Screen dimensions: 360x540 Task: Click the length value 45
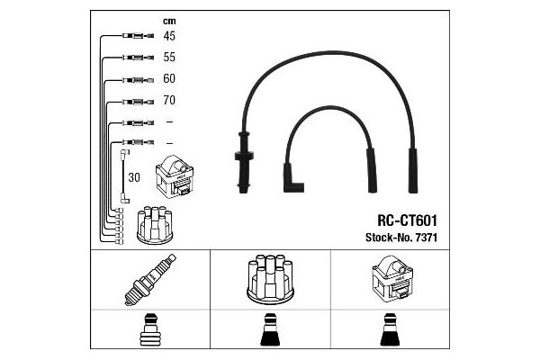(168, 36)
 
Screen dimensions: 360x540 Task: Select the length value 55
(168, 57)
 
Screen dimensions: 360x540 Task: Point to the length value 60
(168, 78)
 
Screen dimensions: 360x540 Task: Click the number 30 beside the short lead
(135, 177)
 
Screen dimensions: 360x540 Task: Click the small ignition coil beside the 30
(175, 178)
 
